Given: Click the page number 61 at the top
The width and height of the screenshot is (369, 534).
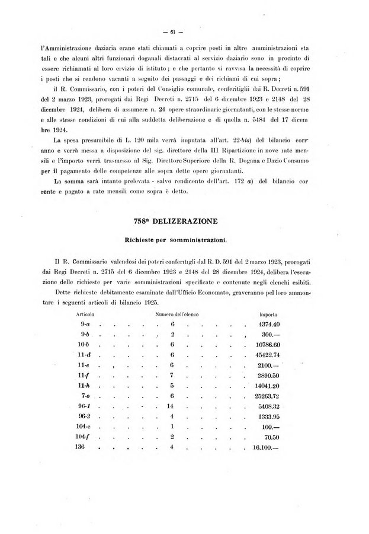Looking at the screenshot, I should [185, 33].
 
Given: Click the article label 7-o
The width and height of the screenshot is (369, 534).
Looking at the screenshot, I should [85, 396].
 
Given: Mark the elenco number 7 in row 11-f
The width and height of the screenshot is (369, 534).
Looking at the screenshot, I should [171, 376].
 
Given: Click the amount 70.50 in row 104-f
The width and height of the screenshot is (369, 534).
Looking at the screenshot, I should [272, 437].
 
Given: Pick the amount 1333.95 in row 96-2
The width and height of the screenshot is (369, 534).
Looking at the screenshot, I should [270, 417].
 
